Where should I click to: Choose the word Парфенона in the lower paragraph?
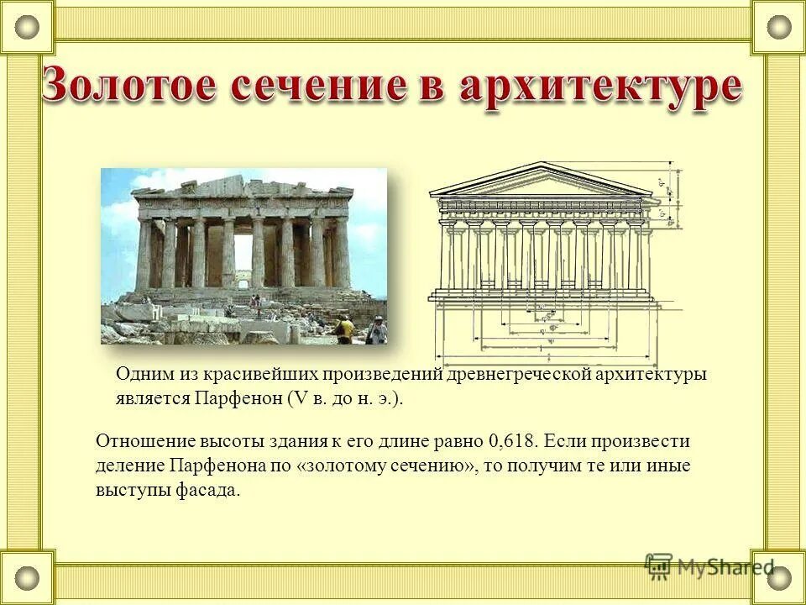pos(213,466)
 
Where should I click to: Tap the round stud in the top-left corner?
pos(28,27)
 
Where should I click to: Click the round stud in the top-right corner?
pos(778,27)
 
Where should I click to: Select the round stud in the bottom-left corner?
pos(28,578)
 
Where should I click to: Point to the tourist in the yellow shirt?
pos(344,329)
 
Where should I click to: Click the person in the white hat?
pos(377,330)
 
